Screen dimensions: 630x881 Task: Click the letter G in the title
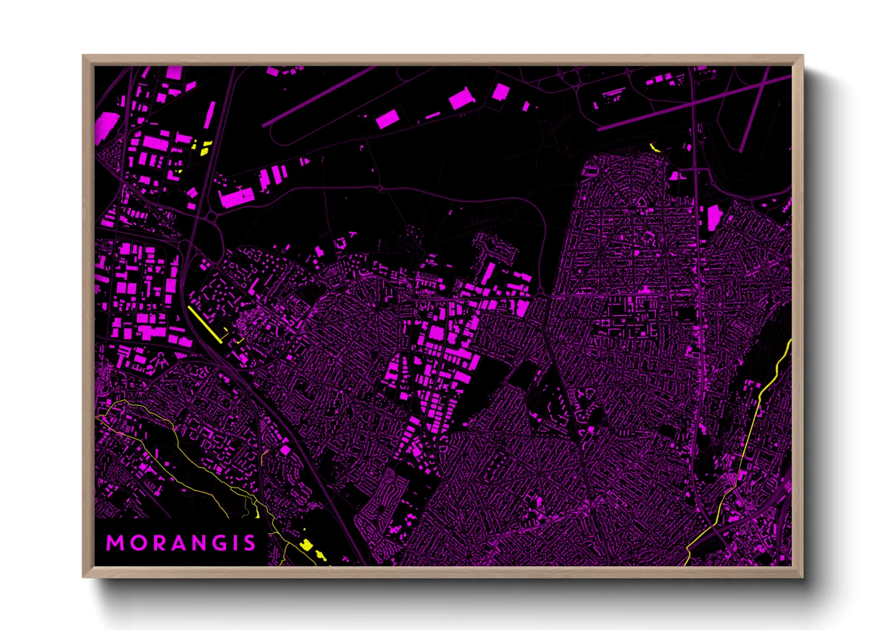coord(216,543)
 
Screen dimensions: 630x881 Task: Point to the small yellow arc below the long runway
coord(655,148)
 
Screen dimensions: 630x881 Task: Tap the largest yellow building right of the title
coord(306,544)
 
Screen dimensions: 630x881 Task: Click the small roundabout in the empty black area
coord(380,188)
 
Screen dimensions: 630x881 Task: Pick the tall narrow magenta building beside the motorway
coord(210,114)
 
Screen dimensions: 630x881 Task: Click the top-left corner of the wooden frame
coord(84,57)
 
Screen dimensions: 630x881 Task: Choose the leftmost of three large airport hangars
coord(388,119)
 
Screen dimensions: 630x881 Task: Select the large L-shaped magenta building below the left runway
coord(236,197)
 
